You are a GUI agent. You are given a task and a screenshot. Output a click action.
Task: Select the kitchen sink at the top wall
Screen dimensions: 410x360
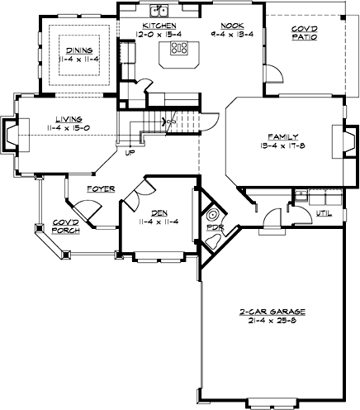point(163,11)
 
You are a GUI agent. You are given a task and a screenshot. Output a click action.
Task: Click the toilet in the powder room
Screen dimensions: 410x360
point(218,241)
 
